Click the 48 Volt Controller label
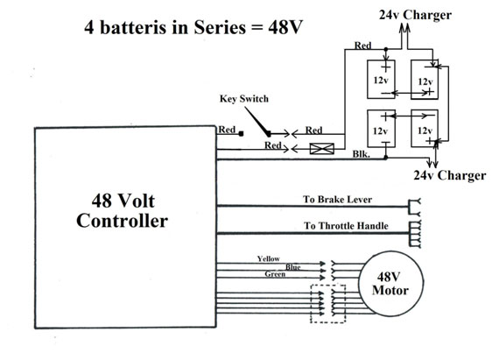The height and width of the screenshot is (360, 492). [x=122, y=210]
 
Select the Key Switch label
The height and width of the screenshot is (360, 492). [x=244, y=99]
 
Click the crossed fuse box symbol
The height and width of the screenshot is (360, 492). [x=322, y=148]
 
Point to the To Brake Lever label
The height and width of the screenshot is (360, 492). [x=337, y=200]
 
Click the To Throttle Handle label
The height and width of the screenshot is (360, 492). [x=346, y=226]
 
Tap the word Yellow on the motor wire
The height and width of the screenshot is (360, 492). [x=269, y=258]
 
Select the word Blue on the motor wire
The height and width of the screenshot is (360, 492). [x=293, y=267]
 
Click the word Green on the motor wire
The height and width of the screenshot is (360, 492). [x=275, y=274]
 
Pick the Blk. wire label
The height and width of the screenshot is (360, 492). [x=362, y=154]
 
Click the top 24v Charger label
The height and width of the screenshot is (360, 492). [x=415, y=15]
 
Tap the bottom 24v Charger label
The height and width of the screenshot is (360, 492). [x=450, y=175]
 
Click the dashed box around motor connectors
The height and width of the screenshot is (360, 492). [x=311, y=304]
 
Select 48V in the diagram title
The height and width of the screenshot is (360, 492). [x=285, y=27]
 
